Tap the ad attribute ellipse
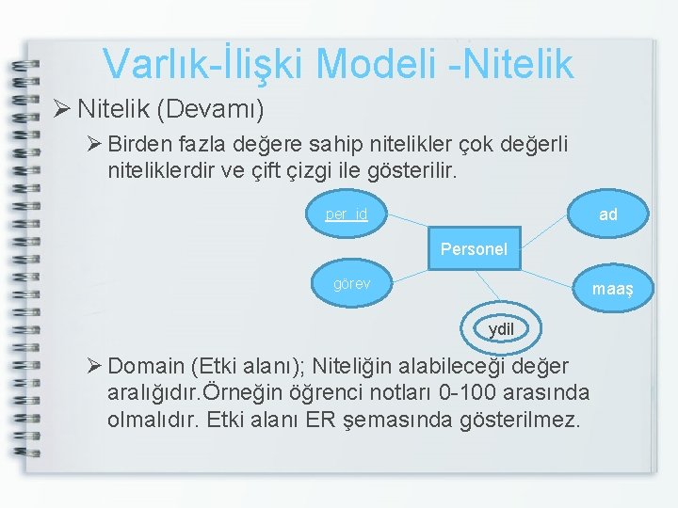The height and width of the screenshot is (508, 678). click(608, 214)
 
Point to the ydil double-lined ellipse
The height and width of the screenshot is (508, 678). click(501, 329)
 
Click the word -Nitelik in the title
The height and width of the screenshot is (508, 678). click(519, 64)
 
